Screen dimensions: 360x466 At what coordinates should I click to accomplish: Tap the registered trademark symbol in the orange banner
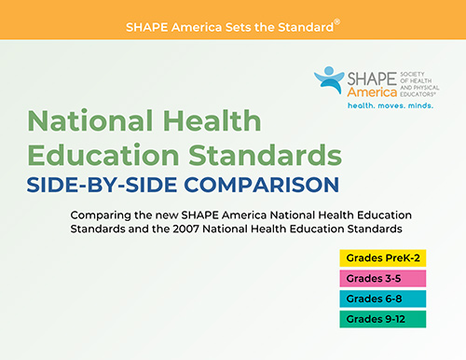point(337,21)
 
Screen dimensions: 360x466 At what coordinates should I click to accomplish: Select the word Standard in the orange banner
point(304,26)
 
